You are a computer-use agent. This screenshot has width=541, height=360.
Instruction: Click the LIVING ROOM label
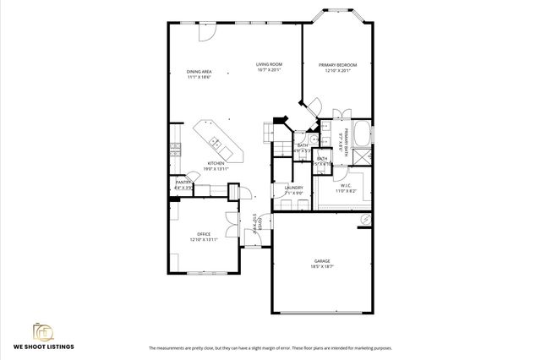pos(269,64)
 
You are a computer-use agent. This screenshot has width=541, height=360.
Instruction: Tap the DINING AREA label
pos(199,72)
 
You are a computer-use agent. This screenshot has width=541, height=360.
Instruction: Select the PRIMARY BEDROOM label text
pos(337,65)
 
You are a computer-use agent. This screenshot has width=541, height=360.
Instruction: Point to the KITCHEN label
pos(217,163)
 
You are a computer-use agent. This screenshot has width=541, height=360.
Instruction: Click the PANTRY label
pos(183,182)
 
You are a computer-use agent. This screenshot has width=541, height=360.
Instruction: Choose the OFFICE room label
pos(204,234)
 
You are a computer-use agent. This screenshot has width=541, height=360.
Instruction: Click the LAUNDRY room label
pos(293,188)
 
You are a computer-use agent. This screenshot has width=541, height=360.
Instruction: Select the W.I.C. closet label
pos(346,186)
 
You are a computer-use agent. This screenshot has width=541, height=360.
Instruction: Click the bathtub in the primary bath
pos(362,134)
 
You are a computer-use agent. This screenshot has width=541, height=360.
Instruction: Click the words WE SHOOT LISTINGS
pos(43,347)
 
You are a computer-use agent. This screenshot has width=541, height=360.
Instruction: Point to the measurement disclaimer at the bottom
pos(270,348)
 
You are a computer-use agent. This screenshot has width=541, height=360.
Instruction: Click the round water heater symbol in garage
pos(364,218)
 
